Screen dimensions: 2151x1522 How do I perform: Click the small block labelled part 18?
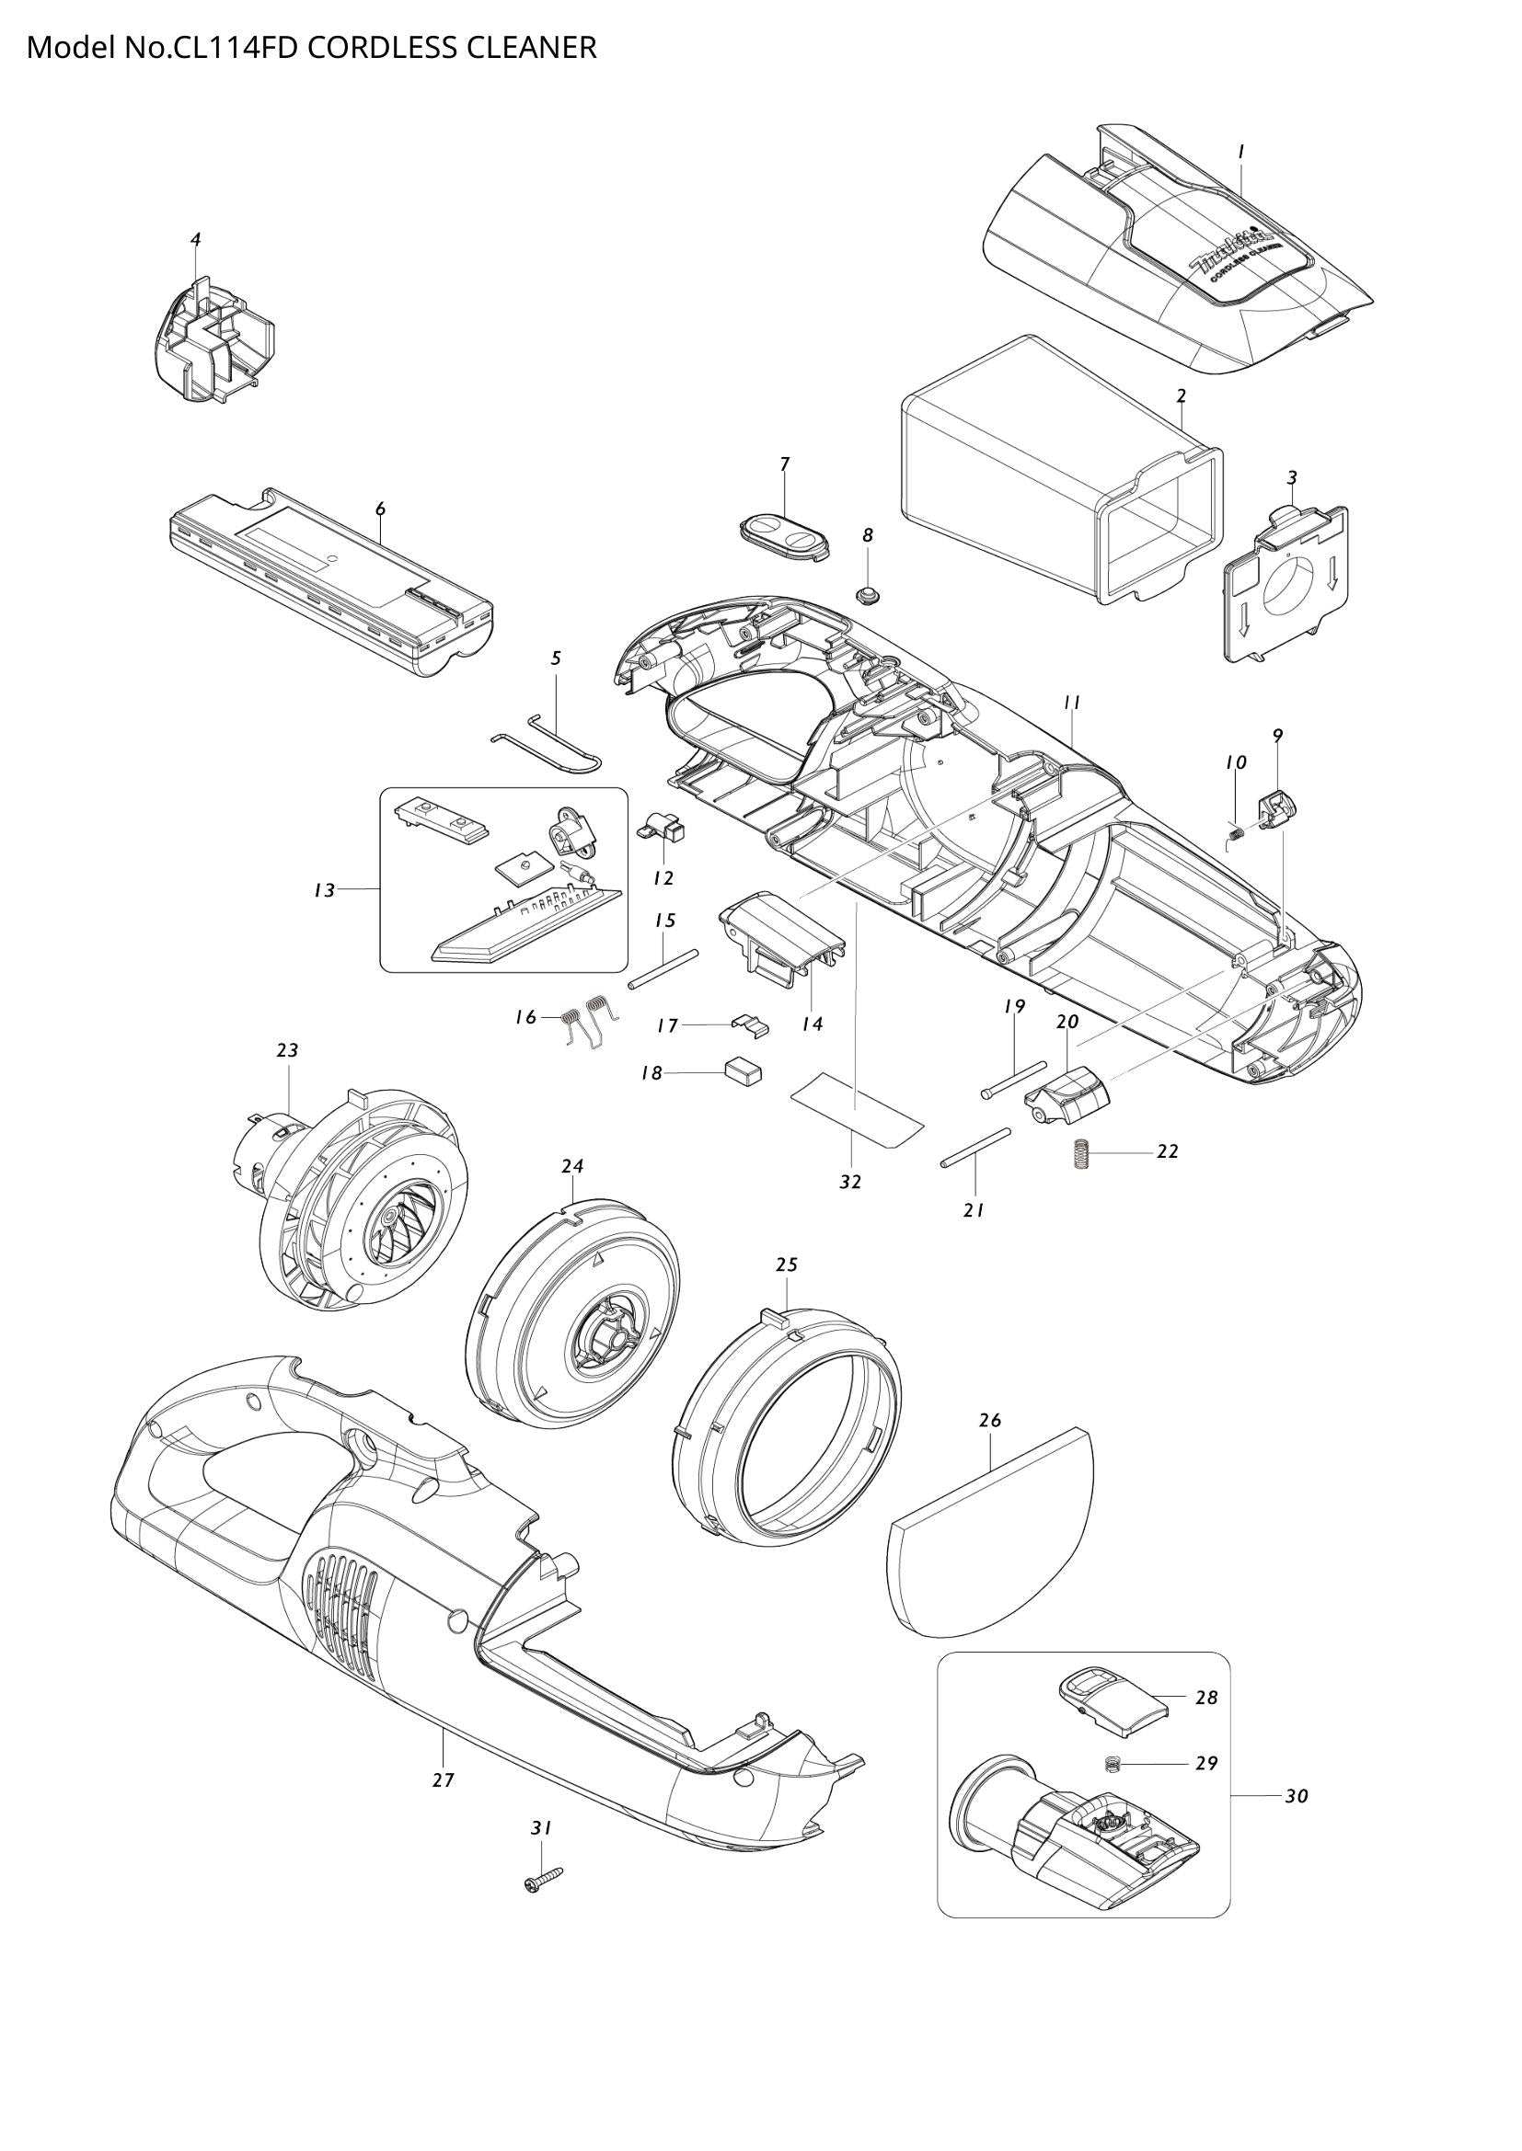[x=744, y=1070]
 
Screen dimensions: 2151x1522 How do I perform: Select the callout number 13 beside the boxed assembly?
[x=324, y=891]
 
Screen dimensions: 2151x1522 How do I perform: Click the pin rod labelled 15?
[x=664, y=967]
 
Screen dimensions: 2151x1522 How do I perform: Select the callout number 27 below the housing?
[x=444, y=1780]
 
